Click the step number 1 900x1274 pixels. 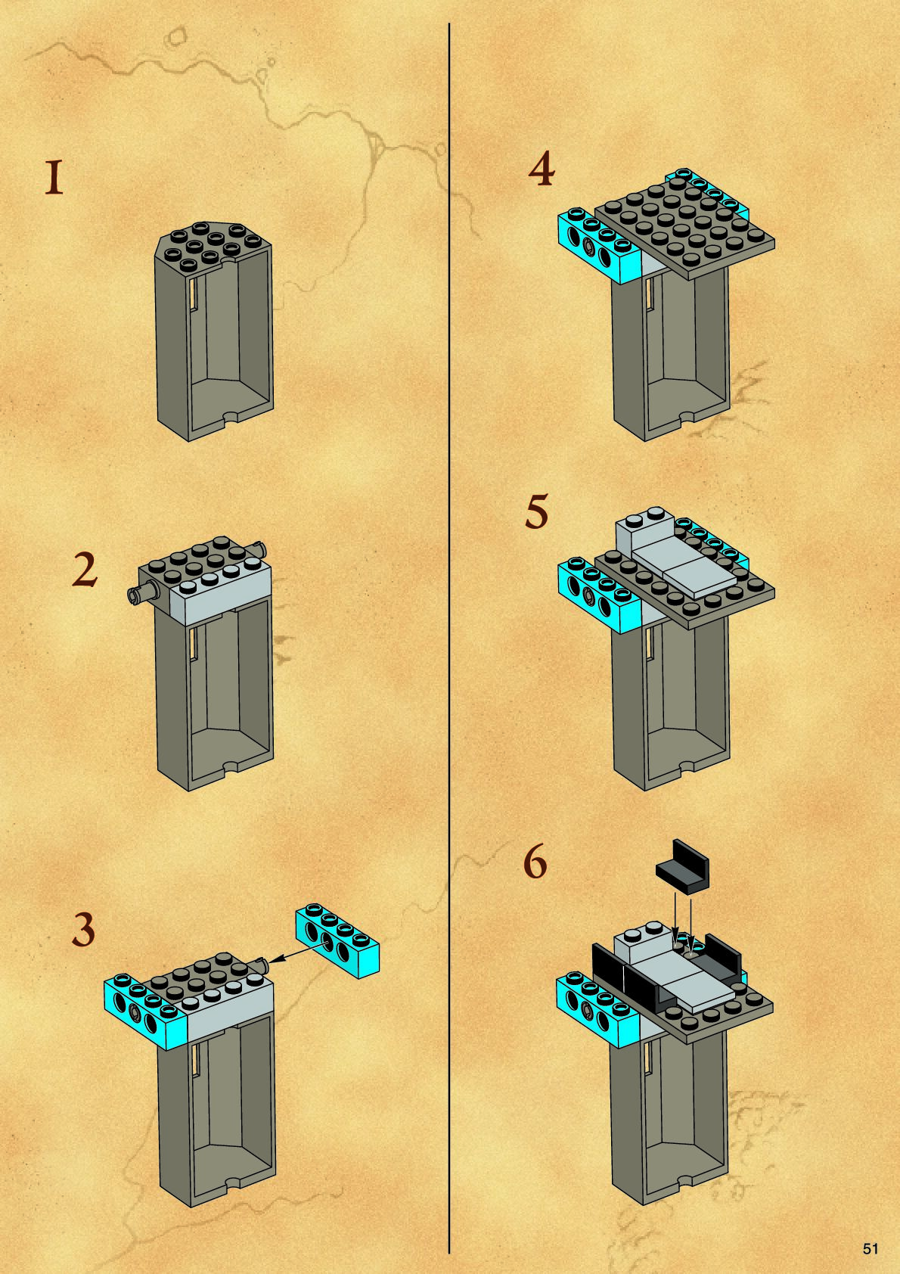(x=54, y=178)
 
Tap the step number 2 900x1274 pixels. (x=85, y=571)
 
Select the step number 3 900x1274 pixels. (x=84, y=930)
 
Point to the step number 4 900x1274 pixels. (x=542, y=170)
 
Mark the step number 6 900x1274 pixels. (x=535, y=862)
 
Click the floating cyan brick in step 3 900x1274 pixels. (x=337, y=940)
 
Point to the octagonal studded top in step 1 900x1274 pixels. (x=213, y=247)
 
